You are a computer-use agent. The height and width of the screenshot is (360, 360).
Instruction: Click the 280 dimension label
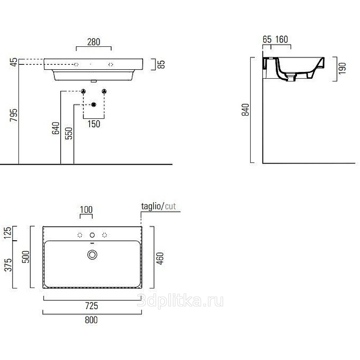(94, 42)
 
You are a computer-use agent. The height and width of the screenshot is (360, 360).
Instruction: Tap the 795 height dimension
(13, 115)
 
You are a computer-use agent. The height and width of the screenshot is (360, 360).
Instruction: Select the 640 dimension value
(55, 128)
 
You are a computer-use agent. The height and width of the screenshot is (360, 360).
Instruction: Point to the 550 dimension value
(69, 133)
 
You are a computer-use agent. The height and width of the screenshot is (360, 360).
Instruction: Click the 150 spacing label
(94, 124)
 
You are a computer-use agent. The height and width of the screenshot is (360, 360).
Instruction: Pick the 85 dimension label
(161, 64)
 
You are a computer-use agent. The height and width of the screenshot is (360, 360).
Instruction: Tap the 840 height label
(245, 110)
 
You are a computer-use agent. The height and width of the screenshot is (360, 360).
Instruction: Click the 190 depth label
(342, 68)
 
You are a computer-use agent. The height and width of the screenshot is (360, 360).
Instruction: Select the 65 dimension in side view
(267, 40)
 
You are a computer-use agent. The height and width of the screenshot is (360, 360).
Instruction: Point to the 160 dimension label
(282, 40)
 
